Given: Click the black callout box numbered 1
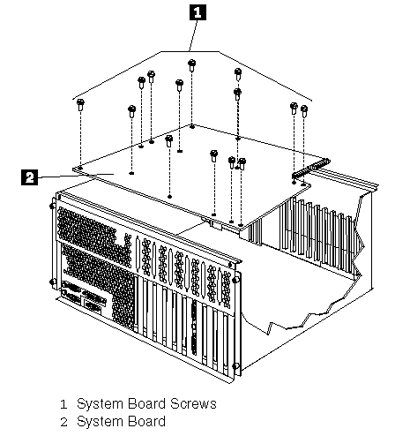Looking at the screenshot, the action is pyautogui.click(x=197, y=12).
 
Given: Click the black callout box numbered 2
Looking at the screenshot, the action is pyautogui.click(x=30, y=177).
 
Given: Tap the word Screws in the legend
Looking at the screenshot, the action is pyautogui.click(x=193, y=403).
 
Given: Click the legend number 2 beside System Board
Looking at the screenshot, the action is pyautogui.click(x=63, y=422).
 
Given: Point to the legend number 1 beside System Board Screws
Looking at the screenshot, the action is pyautogui.click(x=63, y=404).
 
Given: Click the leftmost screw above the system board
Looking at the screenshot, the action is pyautogui.click(x=80, y=105).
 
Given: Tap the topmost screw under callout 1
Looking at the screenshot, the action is pyautogui.click(x=192, y=65).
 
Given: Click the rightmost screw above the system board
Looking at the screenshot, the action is pyautogui.click(x=304, y=111).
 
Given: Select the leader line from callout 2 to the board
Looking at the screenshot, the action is pyautogui.click(x=76, y=176).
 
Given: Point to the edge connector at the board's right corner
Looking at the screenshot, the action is pyautogui.click(x=311, y=169).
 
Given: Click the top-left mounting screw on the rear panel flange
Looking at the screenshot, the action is pyautogui.click(x=52, y=206).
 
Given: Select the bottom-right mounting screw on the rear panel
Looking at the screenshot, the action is pyautogui.click(x=235, y=366).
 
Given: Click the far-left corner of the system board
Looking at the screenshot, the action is pyautogui.click(x=74, y=169).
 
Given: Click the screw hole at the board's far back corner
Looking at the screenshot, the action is pyautogui.click(x=192, y=127).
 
